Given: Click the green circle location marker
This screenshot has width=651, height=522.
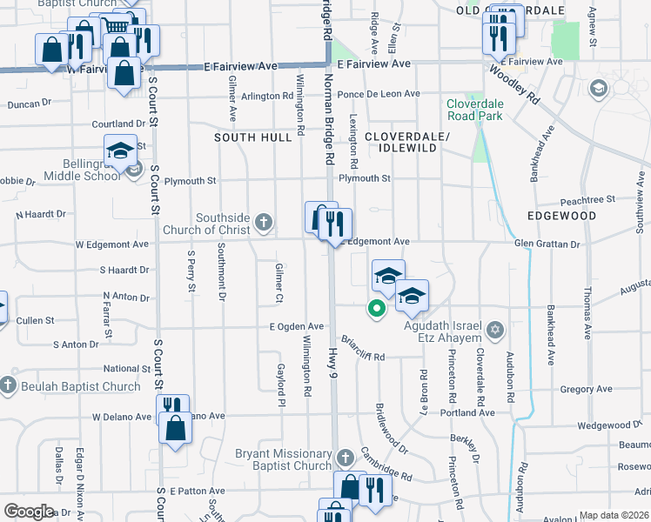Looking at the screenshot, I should [x=377, y=308].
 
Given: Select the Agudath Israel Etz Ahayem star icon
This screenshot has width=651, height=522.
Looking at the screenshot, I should [x=495, y=330].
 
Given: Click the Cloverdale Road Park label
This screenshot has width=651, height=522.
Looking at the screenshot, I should [x=474, y=109].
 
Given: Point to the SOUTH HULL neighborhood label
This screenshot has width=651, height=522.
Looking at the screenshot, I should [x=253, y=137].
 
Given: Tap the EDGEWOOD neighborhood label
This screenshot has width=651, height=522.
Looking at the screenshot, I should [x=561, y=215].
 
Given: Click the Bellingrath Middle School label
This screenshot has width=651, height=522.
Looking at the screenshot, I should [x=79, y=170].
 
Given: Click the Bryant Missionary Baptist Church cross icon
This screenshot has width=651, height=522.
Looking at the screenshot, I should [x=345, y=458].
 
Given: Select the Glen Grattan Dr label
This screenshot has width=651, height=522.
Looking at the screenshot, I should [x=547, y=244].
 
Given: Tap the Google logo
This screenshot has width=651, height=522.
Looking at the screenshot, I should [x=29, y=512].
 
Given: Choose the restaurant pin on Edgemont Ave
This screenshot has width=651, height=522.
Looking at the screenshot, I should [x=335, y=225].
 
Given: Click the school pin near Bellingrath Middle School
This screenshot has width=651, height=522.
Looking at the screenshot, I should [x=119, y=151].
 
